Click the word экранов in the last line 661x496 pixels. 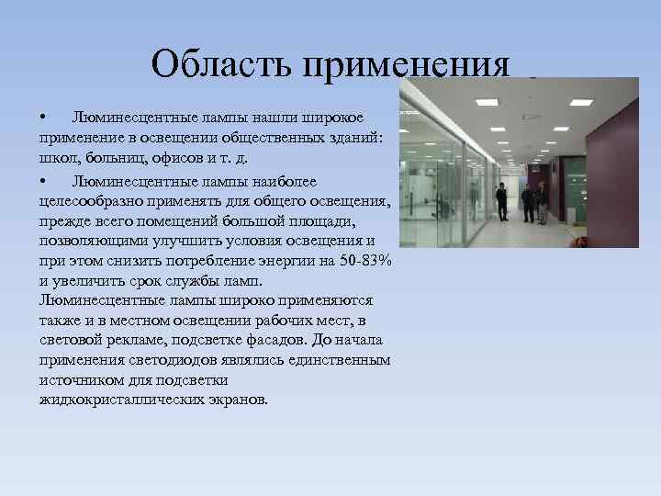239,400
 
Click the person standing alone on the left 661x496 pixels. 501,202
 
